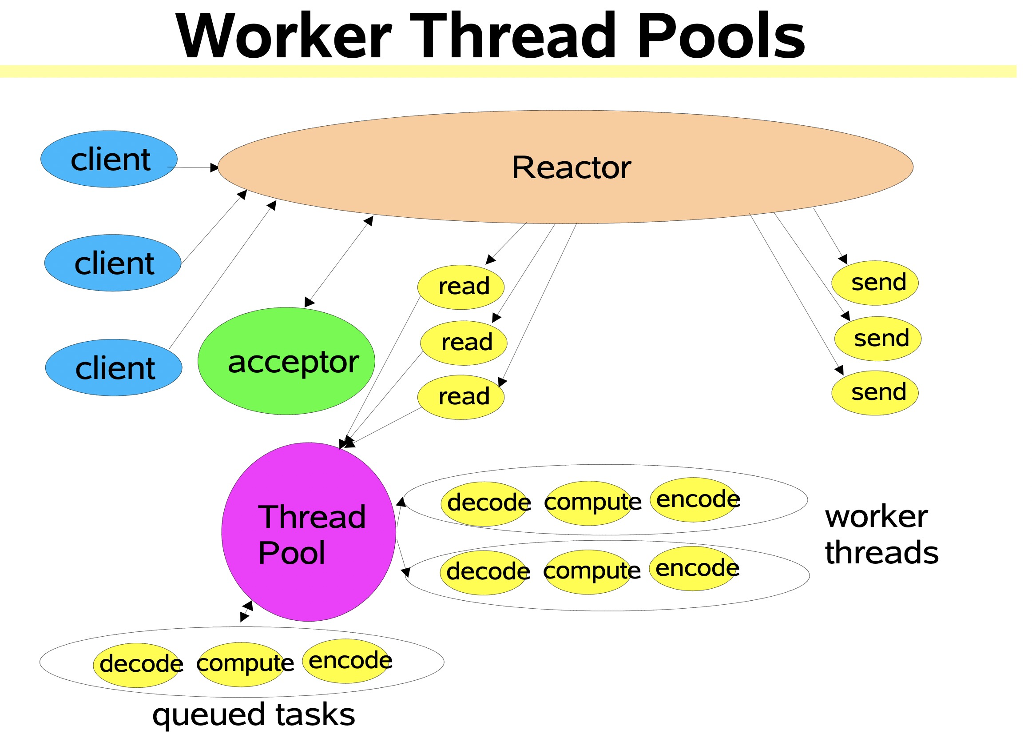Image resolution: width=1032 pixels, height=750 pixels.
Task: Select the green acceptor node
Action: point(286,362)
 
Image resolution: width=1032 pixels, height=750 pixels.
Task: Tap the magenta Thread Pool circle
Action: point(309,532)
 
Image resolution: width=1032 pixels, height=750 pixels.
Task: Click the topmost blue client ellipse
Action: point(109,160)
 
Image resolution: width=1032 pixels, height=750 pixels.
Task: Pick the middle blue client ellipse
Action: point(113,263)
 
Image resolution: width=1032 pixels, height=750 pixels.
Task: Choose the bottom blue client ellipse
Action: point(114,368)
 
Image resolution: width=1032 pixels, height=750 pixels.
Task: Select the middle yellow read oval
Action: point(464,343)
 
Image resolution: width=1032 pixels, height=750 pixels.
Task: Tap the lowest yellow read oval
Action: point(461,398)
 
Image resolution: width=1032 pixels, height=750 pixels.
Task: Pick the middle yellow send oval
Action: point(878,339)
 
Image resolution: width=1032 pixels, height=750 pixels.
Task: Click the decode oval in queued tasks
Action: point(136,666)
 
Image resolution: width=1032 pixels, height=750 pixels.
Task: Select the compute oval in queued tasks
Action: point(241,665)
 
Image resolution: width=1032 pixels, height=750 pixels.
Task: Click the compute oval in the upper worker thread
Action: point(589,504)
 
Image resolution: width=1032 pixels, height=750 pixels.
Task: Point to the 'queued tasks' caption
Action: point(254,715)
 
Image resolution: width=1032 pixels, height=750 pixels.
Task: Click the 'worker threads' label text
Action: point(881,535)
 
